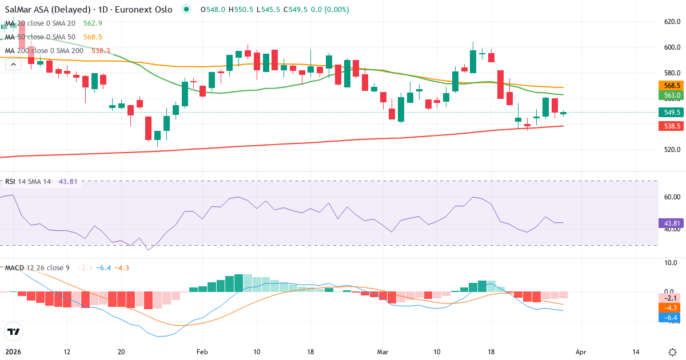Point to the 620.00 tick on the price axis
coord(667,22)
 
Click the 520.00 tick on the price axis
coord(667,150)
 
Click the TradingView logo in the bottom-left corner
coord(13,331)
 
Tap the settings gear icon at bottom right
coord(673,353)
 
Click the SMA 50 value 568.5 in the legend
coord(93,37)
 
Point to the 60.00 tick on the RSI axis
coord(667,197)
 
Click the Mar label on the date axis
coord(382,353)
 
